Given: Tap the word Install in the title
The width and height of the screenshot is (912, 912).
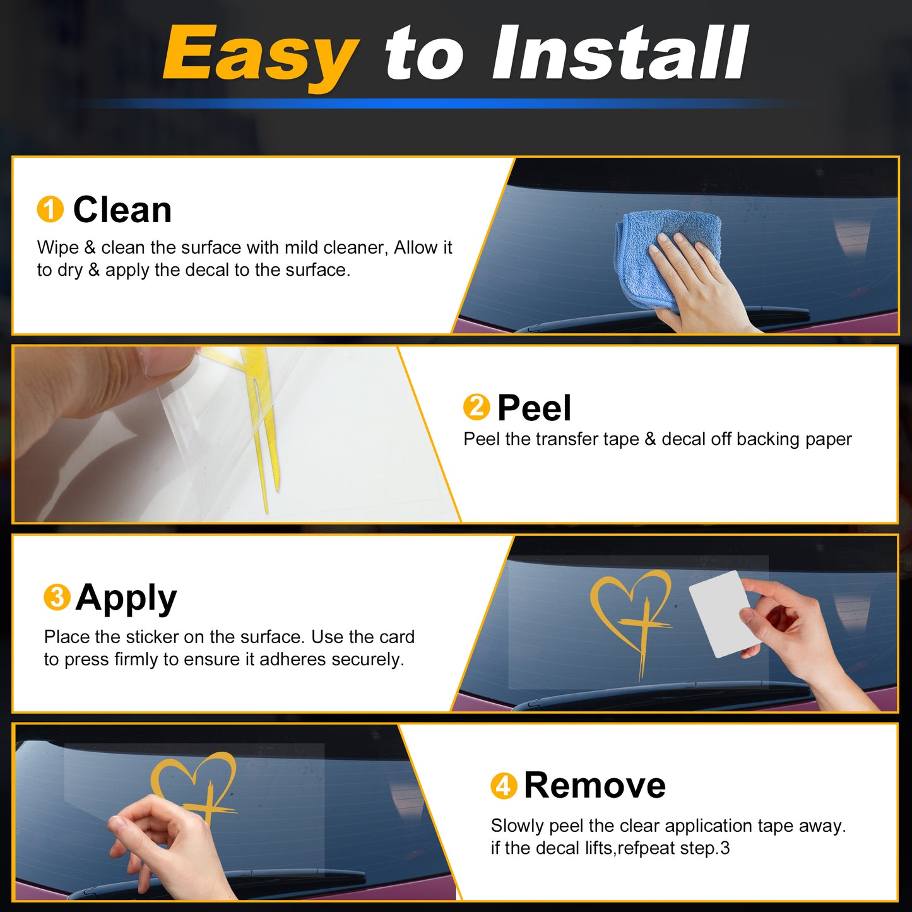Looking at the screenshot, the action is click(x=620, y=52).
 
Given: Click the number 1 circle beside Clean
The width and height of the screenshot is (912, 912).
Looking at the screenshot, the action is click(x=50, y=209).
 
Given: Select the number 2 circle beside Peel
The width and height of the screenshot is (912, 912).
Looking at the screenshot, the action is click(x=476, y=406).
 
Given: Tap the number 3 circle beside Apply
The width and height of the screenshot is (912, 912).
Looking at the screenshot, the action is click(x=57, y=597).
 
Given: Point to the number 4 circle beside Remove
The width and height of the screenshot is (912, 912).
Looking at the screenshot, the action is click(x=504, y=786).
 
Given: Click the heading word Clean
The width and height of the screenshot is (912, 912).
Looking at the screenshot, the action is click(x=122, y=210).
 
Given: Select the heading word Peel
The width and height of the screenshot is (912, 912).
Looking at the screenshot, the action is click(x=535, y=408).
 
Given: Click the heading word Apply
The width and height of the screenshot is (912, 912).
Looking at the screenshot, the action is click(x=126, y=599).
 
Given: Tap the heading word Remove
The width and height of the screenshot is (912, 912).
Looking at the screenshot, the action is click(x=595, y=786).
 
